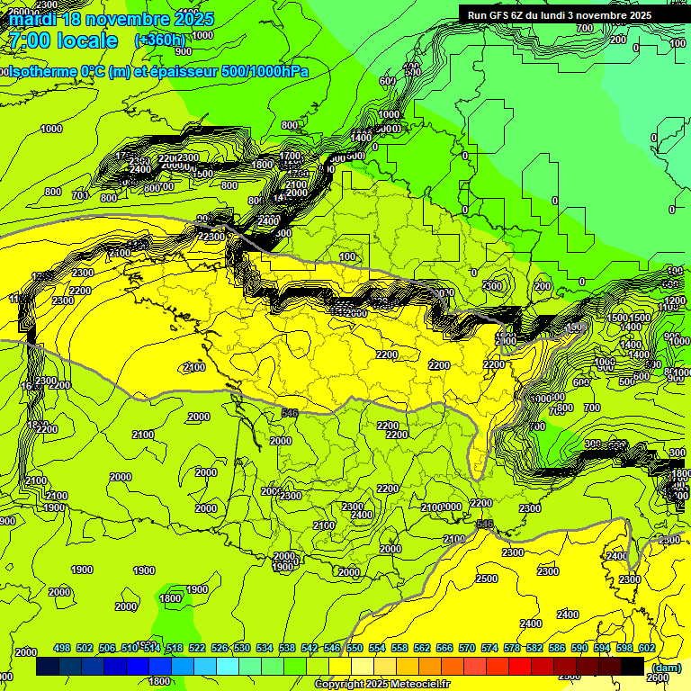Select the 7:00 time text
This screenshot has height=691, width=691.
click(26, 41)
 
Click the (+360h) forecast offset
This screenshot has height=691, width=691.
click(160, 40)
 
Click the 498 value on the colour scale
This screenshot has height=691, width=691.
click(62, 648)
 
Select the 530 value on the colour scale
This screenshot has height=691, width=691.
click(241, 648)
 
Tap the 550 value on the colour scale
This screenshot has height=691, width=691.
click(354, 648)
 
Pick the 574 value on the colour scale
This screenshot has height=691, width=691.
click(489, 648)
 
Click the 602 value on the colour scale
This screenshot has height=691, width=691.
click(646, 648)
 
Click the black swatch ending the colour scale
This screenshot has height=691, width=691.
click(633, 667)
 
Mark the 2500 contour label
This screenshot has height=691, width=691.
click(486, 579)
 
